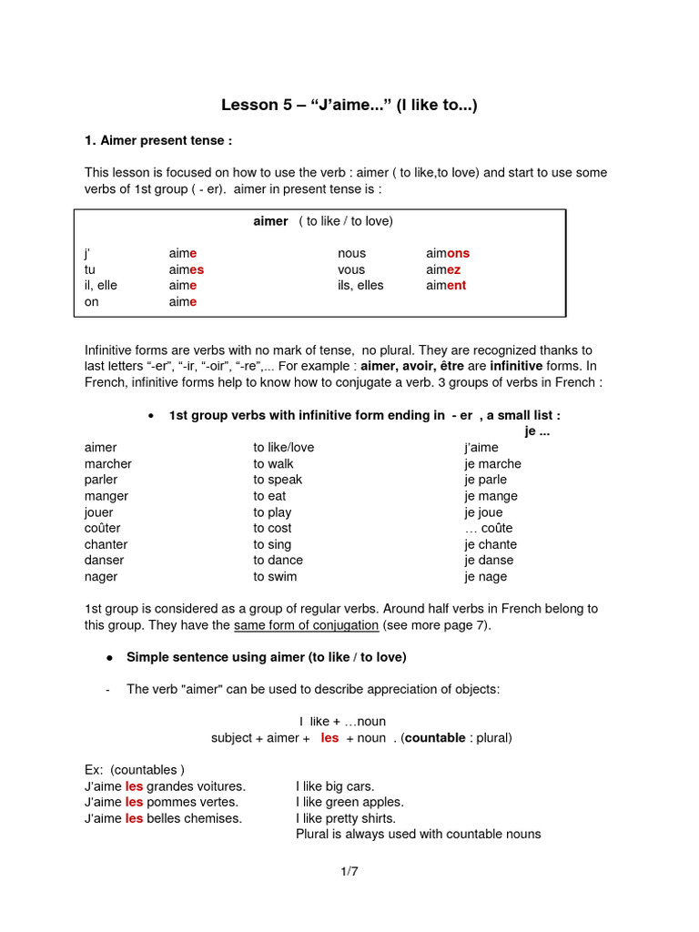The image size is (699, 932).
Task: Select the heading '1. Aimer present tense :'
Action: tap(158, 141)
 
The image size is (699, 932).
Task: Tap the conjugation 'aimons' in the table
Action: tap(448, 253)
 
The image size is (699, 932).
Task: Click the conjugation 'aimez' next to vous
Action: tap(443, 269)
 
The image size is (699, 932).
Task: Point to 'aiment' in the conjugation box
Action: tap(446, 285)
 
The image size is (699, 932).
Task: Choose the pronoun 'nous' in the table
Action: tap(351, 253)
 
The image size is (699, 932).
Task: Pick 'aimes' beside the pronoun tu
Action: tap(186, 269)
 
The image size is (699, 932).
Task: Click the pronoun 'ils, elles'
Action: tap(360, 285)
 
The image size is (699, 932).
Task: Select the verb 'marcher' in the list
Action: tap(108, 463)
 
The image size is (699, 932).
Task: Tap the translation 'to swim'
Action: tap(275, 576)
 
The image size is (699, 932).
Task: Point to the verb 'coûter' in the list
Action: tap(102, 528)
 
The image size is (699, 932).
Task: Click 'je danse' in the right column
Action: tap(489, 560)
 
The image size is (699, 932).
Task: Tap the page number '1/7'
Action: tap(349, 871)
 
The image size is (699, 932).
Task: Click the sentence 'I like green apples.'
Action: tap(349, 802)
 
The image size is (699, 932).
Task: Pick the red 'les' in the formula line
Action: tap(329, 737)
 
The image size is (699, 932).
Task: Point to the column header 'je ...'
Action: tap(537, 431)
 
